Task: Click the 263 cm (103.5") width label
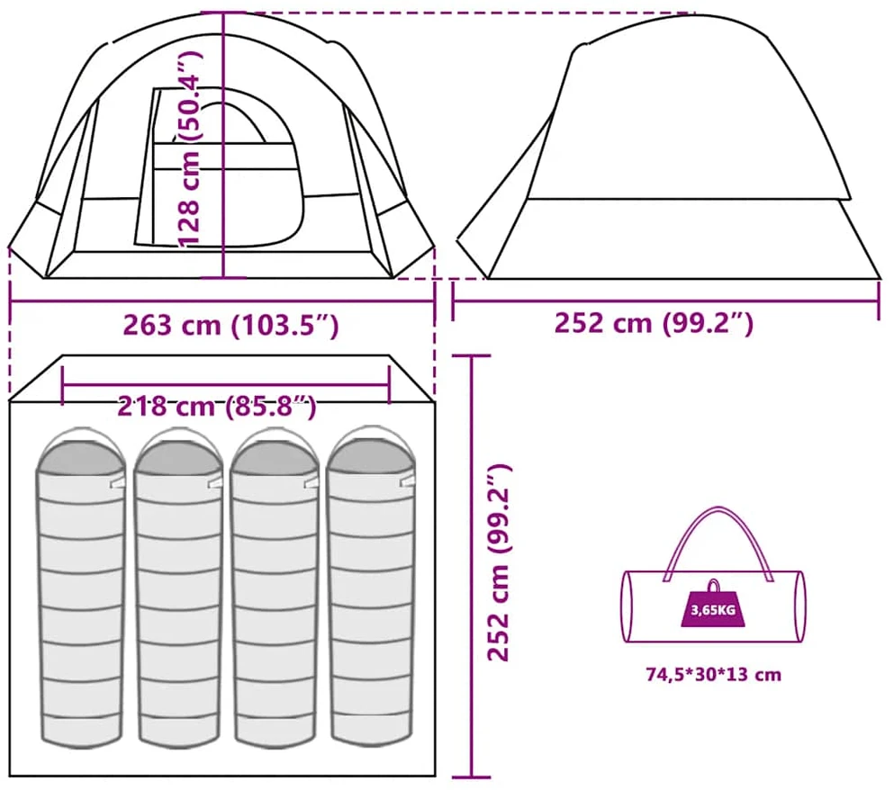click(x=230, y=325)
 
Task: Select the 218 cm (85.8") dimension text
click(x=217, y=407)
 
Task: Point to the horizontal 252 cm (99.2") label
click(x=654, y=323)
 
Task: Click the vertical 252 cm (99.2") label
click(x=499, y=563)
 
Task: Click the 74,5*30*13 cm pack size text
click(x=713, y=674)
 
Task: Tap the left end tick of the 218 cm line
click(x=62, y=385)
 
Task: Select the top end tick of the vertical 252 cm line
click(x=472, y=355)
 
